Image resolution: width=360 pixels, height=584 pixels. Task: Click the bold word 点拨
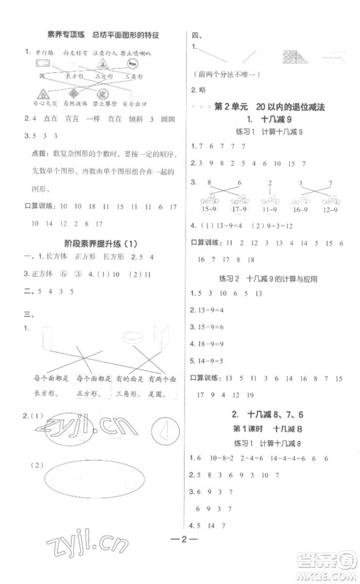pyautogui.click(x=34, y=152)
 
